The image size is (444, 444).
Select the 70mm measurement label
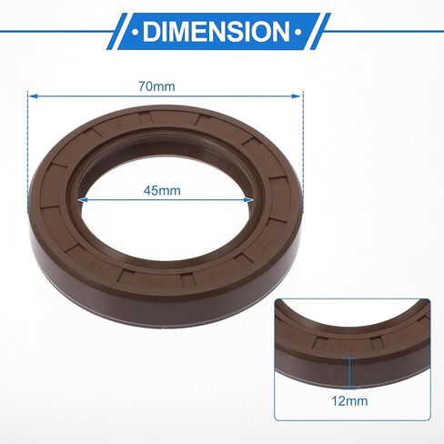156,86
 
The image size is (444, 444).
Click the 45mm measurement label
162,191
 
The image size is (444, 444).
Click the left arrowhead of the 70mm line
33,95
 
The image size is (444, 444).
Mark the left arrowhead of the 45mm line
84,200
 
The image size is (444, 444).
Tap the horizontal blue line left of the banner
55,32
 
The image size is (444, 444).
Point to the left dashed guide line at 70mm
29,136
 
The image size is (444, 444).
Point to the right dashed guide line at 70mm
302,136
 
